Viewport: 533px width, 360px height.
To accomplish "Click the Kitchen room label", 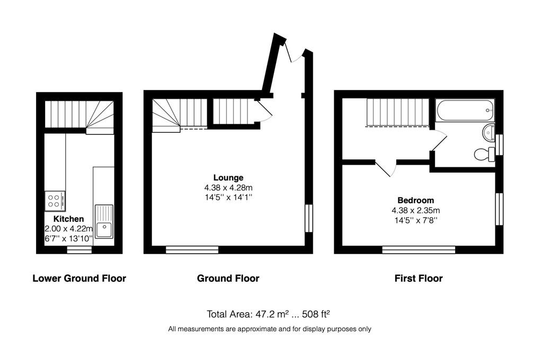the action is [69, 219].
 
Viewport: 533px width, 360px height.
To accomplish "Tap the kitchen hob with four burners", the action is [55, 200].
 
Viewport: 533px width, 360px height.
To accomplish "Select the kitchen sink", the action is [104, 221].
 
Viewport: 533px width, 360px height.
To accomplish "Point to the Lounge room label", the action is [228, 178].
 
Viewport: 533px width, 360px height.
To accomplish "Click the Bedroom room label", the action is [416, 200].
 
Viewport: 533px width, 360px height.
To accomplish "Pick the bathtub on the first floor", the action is [465, 110].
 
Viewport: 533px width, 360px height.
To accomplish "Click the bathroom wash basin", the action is [488, 132].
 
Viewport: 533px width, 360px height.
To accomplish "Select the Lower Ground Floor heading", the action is [79, 278].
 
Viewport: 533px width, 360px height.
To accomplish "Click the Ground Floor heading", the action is [228, 278].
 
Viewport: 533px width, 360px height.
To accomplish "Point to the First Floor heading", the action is [419, 278].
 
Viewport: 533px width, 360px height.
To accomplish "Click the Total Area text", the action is [268, 314].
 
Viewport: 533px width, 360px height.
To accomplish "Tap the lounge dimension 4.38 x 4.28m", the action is [228, 187].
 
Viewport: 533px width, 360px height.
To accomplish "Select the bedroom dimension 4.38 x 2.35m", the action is [416, 211].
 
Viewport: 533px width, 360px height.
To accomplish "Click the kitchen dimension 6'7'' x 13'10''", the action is [69, 238].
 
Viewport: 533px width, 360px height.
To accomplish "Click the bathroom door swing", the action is [440, 139].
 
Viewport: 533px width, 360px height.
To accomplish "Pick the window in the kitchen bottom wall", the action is [79, 250].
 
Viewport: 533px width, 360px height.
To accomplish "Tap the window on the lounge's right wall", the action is [309, 218].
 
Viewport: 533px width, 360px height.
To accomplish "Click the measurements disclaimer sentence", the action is [270, 329].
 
